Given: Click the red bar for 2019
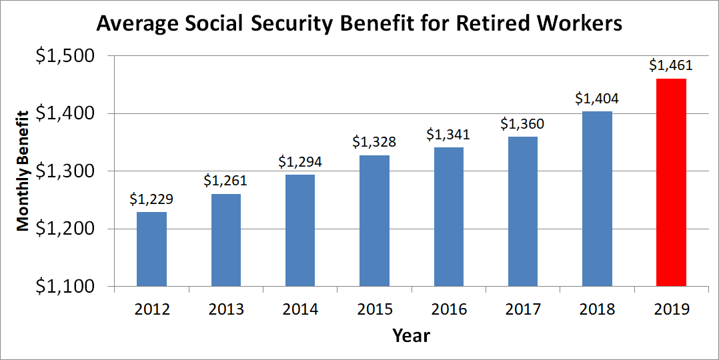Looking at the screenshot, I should click(x=671, y=183).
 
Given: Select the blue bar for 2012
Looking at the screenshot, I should click(x=151, y=249).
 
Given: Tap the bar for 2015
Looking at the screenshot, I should click(x=374, y=221).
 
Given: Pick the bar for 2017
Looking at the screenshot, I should click(x=523, y=211).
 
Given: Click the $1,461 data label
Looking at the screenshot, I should click(x=671, y=66).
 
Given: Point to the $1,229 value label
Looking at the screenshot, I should click(x=151, y=199).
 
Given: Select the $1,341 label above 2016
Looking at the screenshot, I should click(x=448, y=135).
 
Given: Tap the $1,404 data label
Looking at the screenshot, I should click(x=597, y=99).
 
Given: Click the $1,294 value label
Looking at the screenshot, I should click(x=300, y=161).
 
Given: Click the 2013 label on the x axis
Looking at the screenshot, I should click(x=225, y=309).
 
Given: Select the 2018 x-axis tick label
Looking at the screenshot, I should click(x=597, y=309).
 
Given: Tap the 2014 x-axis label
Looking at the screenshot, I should click(x=300, y=309).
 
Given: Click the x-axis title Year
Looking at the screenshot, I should click(x=411, y=335).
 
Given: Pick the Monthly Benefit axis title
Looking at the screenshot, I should click(x=24, y=171).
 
